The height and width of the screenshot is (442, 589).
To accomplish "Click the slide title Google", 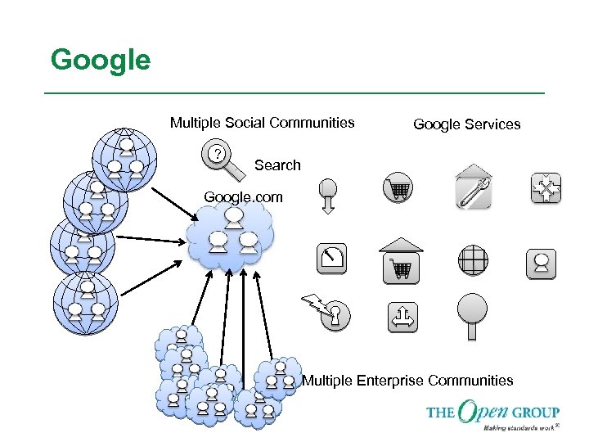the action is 101,60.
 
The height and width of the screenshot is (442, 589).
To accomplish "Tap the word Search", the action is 277,165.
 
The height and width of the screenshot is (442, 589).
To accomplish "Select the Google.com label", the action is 243,197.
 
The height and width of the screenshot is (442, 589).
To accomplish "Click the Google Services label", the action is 466,124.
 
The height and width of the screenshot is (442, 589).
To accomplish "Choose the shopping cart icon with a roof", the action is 401,260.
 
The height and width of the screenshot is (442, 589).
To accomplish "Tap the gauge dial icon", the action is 332,259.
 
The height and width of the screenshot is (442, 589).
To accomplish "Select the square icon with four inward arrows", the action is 544,189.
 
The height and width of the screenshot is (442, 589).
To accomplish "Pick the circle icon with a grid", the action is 473,260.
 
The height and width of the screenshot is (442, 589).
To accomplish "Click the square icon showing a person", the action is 542,264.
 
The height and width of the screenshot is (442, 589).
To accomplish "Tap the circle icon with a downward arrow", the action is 327,195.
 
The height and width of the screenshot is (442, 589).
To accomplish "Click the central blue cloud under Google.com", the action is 231,237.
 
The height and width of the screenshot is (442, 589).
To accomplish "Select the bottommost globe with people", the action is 86,303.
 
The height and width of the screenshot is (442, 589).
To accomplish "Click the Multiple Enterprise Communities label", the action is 408,381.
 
